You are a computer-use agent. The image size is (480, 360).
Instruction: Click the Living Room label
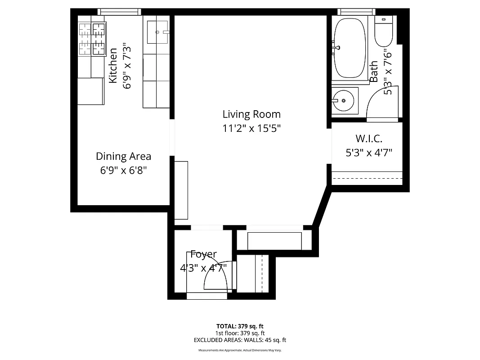click(x=251, y=114)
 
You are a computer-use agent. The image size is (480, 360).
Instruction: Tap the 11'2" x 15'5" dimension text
click(x=251, y=128)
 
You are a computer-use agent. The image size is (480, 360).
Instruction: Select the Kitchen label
click(x=113, y=65)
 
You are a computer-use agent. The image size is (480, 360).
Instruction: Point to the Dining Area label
click(x=123, y=156)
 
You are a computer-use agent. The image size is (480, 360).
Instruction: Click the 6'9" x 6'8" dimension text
click(x=123, y=171)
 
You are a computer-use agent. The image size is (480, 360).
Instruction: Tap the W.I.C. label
click(x=369, y=139)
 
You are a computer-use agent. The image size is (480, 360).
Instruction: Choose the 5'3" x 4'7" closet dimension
click(x=369, y=153)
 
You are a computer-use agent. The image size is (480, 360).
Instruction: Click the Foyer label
click(x=203, y=254)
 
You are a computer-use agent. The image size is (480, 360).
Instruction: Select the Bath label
click(x=374, y=72)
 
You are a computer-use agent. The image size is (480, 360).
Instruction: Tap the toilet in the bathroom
click(x=384, y=31)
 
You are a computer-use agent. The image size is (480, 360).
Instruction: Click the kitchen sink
click(x=157, y=32)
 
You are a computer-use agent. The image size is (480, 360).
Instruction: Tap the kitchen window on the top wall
click(x=119, y=12)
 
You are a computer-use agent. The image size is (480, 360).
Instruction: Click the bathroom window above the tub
click(x=356, y=12)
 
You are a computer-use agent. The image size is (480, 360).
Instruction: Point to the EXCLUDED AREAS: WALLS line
click(x=240, y=340)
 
